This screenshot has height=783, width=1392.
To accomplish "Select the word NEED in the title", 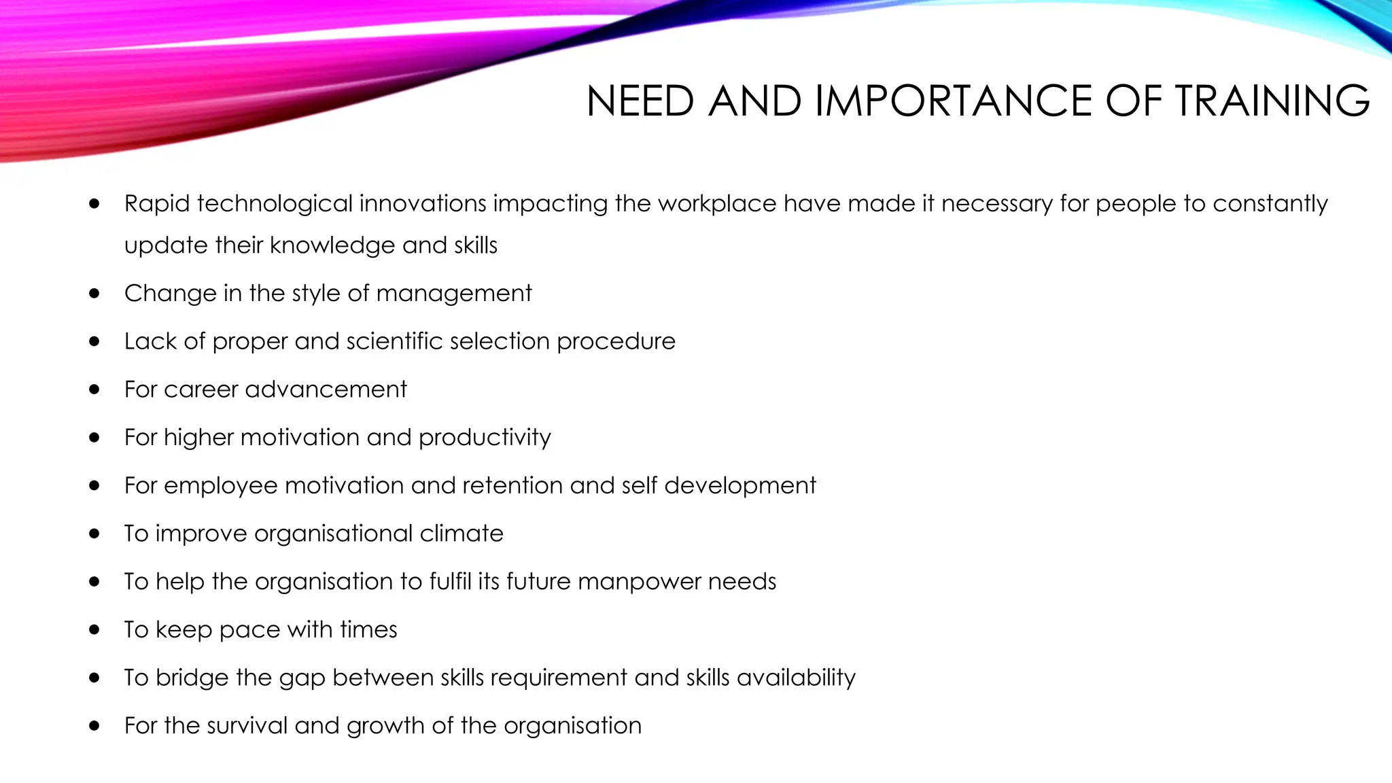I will click(x=640, y=101).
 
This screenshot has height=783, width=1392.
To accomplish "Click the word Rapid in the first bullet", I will click(x=157, y=203).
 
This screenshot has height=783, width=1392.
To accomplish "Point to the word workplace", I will click(x=717, y=203).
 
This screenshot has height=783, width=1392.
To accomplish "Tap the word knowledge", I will click(x=332, y=245).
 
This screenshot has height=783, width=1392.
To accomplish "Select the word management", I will click(x=453, y=293).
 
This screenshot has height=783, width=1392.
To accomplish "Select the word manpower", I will click(x=639, y=582).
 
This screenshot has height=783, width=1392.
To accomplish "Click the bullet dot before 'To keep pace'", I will click(x=94, y=630).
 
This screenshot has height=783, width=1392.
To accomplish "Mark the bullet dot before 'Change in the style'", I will click(x=94, y=294).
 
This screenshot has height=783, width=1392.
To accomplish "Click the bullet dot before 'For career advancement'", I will click(x=94, y=389).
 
